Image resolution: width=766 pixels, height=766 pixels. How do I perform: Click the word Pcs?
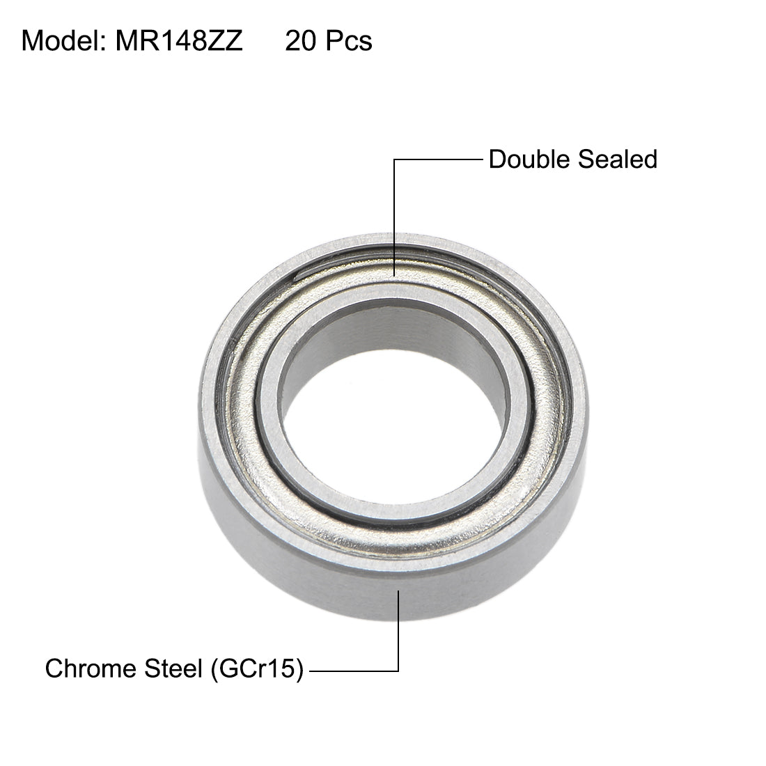(349, 41)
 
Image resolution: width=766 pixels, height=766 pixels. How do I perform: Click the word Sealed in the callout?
(617, 159)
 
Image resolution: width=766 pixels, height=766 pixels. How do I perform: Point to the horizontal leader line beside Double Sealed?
(439, 160)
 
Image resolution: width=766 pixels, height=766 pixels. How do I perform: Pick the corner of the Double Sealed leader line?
(395, 160)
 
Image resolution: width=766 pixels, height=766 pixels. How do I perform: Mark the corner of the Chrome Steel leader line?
(398, 671)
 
